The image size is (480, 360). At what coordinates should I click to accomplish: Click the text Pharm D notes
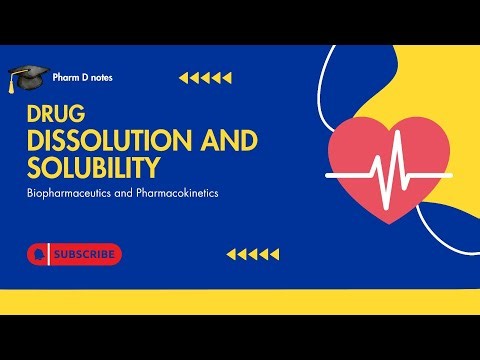[x=84, y=76]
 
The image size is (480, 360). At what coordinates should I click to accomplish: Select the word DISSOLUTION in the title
[x=96, y=141]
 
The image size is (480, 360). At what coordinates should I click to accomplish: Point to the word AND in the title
[x=211, y=141]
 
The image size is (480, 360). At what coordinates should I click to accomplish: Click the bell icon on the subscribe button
[x=39, y=255]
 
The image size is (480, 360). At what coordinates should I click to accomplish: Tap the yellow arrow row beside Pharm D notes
[x=205, y=76]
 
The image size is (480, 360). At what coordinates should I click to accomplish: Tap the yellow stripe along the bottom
[x=240, y=301]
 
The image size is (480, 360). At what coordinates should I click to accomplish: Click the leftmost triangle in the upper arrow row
[x=183, y=76]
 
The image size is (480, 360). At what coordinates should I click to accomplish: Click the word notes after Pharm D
[x=100, y=76]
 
